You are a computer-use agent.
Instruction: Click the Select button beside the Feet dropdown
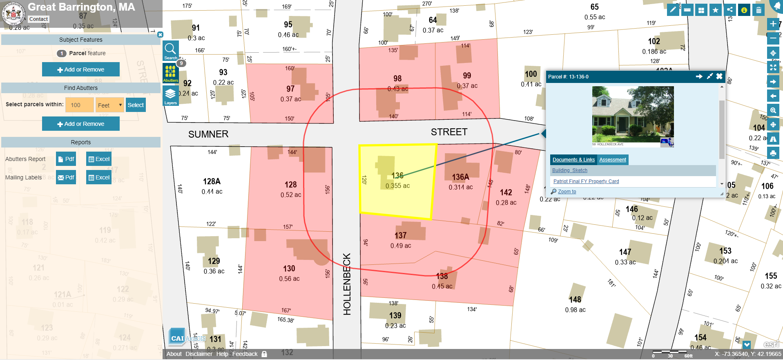(136, 105)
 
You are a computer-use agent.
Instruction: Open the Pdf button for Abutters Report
(66, 159)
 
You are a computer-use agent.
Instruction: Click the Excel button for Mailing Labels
(98, 177)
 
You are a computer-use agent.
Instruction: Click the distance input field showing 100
(79, 105)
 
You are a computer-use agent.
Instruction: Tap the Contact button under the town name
(38, 19)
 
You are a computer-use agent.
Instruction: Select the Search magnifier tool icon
(170, 49)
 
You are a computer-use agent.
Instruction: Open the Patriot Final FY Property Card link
(586, 181)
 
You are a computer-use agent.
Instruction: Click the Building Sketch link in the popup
(569, 170)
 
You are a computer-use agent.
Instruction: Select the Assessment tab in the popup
(612, 160)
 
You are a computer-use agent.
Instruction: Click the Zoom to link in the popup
(567, 192)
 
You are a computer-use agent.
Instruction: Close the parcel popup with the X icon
(719, 76)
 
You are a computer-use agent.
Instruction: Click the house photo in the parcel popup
(633, 116)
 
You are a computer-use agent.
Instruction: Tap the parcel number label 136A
(460, 177)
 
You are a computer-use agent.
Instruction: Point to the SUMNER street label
(208, 134)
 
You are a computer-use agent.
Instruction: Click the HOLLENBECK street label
(347, 284)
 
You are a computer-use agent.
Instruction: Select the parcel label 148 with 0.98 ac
(575, 300)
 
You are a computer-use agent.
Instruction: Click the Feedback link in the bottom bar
(245, 354)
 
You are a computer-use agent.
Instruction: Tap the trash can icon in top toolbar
(758, 10)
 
